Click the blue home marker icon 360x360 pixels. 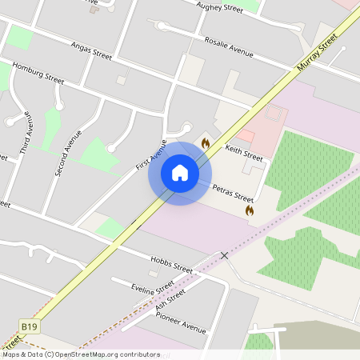click(180, 173)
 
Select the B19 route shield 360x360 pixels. click(30, 326)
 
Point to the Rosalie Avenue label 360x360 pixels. click(228, 46)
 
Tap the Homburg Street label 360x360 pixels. click(38, 74)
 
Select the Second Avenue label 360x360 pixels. click(68, 152)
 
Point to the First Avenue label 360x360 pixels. click(151, 154)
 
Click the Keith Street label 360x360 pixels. click(244, 151)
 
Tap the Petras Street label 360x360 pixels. click(233, 193)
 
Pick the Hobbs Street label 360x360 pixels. click(171, 264)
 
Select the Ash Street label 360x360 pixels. click(170, 299)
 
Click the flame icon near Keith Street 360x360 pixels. click(206, 143)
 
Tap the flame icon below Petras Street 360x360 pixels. click(250, 210)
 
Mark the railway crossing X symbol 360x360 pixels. click(224, 254)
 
